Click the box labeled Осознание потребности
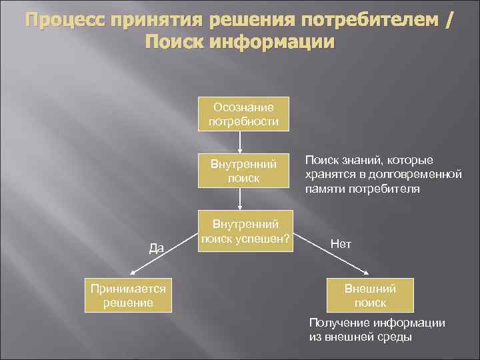click(239, 114)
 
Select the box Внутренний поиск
click(239, 171)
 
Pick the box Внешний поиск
click(369, 295)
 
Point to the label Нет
click(341, 244)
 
